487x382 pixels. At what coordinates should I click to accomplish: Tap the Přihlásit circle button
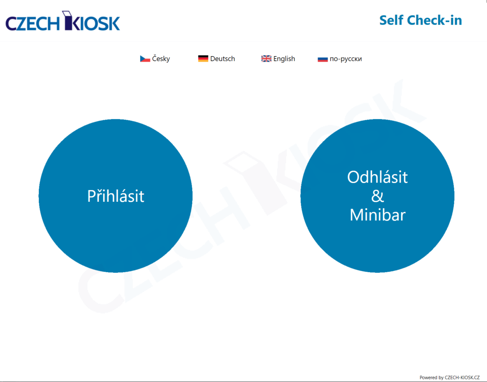click(x=115, y=196)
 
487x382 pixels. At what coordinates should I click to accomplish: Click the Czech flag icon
click(x=145, y=59)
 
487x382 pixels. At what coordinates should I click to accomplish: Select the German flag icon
click(x=203, y=58)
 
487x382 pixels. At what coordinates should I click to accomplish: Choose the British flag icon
click(x=266, y=58)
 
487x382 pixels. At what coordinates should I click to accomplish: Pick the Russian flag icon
click(x=323, y=59)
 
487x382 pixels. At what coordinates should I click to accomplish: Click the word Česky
click(x=161, y=58)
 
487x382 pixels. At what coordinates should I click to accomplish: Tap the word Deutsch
click(x=223, y=58)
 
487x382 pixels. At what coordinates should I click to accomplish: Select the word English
click(x=284, y=59)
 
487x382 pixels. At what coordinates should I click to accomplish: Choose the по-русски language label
click(x=346, y=59)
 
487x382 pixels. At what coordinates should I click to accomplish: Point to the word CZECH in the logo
click(x=33, y=23)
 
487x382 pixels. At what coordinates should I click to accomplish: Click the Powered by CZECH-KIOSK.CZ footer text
click(x=450, y=377)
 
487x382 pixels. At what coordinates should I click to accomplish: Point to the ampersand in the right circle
click(x=378, y=196)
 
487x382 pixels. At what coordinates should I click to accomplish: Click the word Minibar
click(x=378, y=215)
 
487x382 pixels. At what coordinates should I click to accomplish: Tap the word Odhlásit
click(x=377, y=177)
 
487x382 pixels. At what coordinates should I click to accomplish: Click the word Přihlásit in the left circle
click(x=115, y=196)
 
